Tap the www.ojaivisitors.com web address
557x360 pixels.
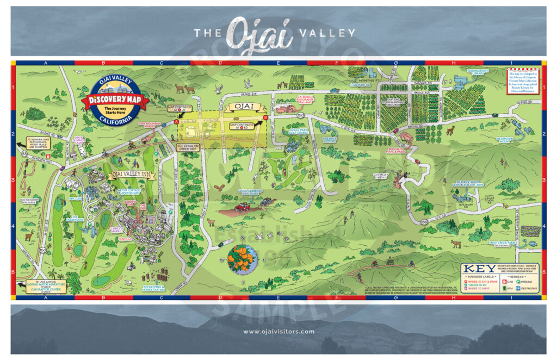(278, 331)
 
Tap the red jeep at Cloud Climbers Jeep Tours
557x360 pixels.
(242, 207)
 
